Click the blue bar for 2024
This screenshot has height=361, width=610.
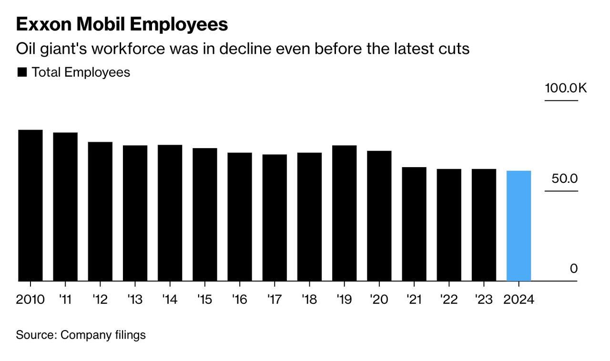518,226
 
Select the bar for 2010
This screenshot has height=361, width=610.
30,205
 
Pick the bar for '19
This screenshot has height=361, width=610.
344,213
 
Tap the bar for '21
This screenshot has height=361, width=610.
414,224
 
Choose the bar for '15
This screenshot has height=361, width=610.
205,214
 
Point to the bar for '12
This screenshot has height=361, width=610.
100,211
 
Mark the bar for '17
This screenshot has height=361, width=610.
274,218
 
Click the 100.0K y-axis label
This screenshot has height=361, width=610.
566,88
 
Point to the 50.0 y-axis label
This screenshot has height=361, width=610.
565,179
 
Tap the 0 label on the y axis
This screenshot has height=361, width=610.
573,269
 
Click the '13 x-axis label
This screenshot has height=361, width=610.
135,300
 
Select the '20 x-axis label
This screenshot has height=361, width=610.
379,300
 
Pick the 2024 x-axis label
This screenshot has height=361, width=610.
518,300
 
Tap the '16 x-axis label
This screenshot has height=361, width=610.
240,300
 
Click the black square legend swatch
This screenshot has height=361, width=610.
22,72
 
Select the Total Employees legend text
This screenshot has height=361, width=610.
81,72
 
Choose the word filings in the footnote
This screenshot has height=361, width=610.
130,335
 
